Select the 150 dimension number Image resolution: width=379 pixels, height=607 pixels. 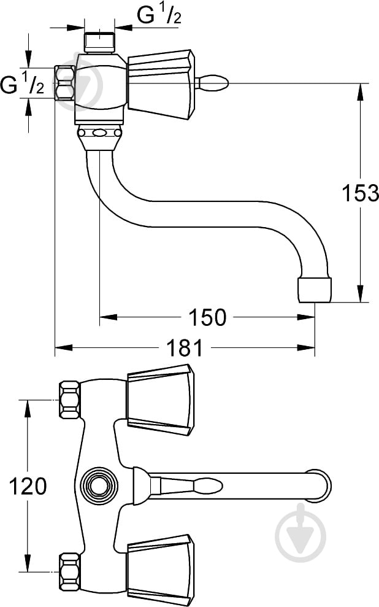[208, 317]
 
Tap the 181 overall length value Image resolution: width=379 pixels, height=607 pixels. [184, 348]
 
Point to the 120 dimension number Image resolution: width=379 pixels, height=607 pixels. [27, 486]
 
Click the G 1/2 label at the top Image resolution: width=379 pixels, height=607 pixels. [159, 17]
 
